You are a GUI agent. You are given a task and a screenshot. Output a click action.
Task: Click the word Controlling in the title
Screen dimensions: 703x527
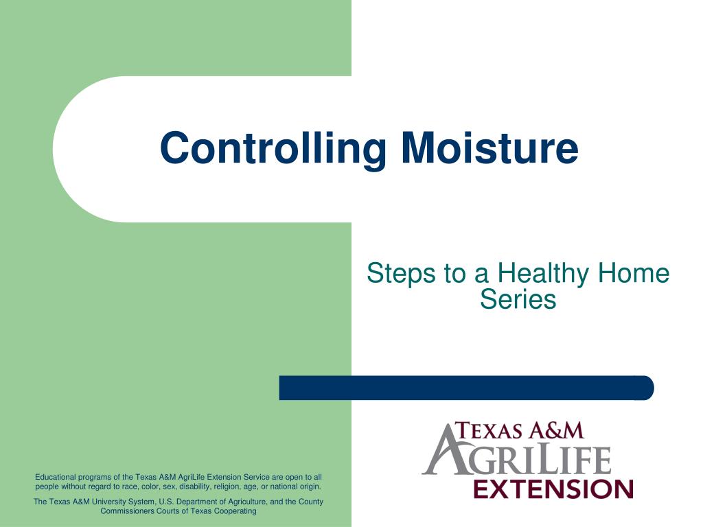[x=273, y=150]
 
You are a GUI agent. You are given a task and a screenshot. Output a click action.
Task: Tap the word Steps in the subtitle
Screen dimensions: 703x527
[x=401, y=274]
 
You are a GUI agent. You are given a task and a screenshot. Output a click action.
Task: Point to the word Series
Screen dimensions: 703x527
[x=518, y=299]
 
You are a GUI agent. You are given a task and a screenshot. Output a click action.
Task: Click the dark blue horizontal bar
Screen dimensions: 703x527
[x=466, y=388]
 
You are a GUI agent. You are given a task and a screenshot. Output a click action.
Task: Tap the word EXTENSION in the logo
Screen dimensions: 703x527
[x=553, y=489]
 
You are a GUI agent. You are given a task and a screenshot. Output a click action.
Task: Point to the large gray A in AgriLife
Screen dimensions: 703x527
[x=448, y=449]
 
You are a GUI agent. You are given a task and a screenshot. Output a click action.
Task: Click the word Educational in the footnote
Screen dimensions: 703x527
[x=56, y=478]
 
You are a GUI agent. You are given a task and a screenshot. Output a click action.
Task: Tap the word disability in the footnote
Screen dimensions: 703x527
[x=194, y=487]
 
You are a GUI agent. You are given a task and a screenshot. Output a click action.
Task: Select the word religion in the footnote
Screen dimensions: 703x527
[x=229, y=487]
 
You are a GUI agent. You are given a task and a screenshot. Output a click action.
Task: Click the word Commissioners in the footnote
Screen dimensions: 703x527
[x=127, y=511]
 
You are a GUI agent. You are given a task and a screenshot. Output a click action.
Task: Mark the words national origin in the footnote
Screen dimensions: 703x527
[x=295, y=487]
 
